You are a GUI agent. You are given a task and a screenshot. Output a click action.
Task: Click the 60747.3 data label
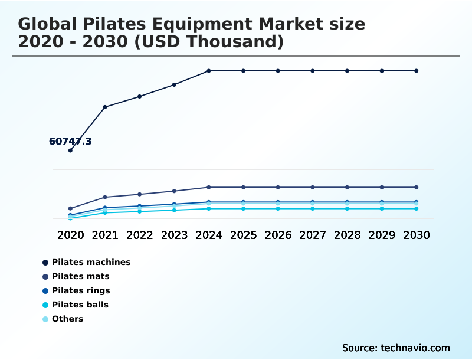point(70,142)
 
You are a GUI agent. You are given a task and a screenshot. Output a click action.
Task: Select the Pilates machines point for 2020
point(70,150)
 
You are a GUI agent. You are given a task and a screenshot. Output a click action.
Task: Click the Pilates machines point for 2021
point(105,107)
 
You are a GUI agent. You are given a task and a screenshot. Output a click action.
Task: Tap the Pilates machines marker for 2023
point(174,85)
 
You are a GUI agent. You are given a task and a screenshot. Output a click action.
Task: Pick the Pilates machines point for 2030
point(417,71)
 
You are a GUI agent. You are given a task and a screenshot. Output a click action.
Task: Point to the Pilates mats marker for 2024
point(209,187)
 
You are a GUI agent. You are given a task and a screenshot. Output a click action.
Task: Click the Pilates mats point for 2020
point(70,208)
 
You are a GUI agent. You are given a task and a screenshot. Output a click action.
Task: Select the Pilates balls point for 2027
point(313,208)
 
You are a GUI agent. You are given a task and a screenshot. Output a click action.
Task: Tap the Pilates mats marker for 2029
point(382,187)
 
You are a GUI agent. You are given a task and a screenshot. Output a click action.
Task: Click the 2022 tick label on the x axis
point(140,235)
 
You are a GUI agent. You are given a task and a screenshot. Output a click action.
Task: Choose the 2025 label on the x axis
point(243,235)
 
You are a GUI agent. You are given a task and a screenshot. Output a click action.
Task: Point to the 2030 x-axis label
point(417,235)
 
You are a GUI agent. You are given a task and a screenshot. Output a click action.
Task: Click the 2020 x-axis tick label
point(70,235)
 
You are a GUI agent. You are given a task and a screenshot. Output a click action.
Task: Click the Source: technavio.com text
point(396,348)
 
